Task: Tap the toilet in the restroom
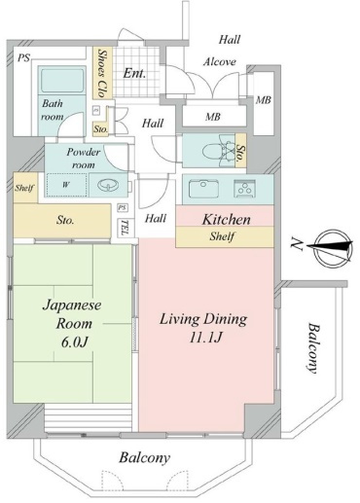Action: [217, 151]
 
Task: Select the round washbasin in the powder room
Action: [107, 186]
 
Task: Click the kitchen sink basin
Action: [203, 188]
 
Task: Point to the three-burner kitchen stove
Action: [244, 189]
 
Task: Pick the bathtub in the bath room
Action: [61, 81]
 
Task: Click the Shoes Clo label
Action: [102, 73]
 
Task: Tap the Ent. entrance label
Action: [134, 73]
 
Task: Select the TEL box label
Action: [125, 228]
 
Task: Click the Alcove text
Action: [220, 61]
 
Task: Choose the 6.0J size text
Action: [75, 342]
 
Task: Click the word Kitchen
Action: [227, 220]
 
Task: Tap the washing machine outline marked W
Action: [66, 185]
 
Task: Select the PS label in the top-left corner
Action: [23, 57]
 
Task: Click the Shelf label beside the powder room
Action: [24, 188]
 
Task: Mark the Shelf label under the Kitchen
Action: [222, 236]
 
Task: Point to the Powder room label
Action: [83, 159]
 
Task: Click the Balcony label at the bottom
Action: [144, 458]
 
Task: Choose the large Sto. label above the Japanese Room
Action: [65, 220]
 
